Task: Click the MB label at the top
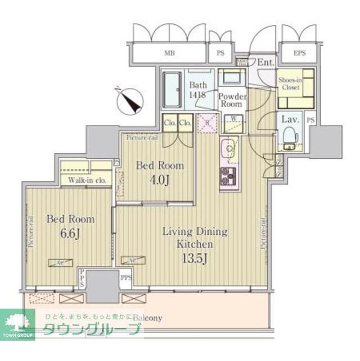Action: pyautogui.click(x=169, y=54)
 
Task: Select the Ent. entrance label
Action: pyautogui.click(x=265, y=61)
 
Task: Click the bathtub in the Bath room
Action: pyautogui.click(x=171, y=90)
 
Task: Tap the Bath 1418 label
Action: pyautogui.click(x=197, y=90)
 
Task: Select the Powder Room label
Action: pyautogui.click(x=231, y=100)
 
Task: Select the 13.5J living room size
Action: pyautogui.click(x=195, y=259)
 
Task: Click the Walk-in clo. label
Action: pyautogui.click(x=87, y=181)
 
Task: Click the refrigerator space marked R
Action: pyautogui.click(x=207, y=122)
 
